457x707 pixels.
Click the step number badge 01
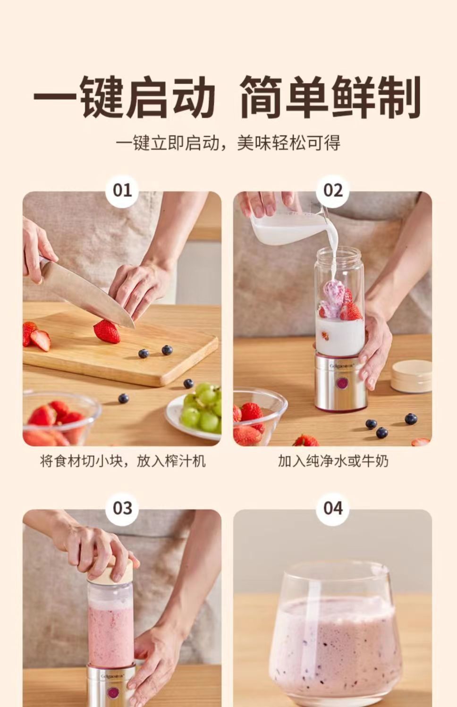tap(122, 190)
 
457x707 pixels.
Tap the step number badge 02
tap(332, 190)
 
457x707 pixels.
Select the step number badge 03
tap(122, 508)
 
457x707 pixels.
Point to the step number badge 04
tap(332, 508)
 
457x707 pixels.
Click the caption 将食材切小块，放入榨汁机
tap(122, 461)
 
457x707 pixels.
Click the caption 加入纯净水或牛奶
tap(333, 461)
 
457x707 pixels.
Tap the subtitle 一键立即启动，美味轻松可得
tap(228, 143)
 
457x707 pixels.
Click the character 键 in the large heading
tap(102, 97)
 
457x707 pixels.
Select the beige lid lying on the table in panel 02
tap(411, 376)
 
